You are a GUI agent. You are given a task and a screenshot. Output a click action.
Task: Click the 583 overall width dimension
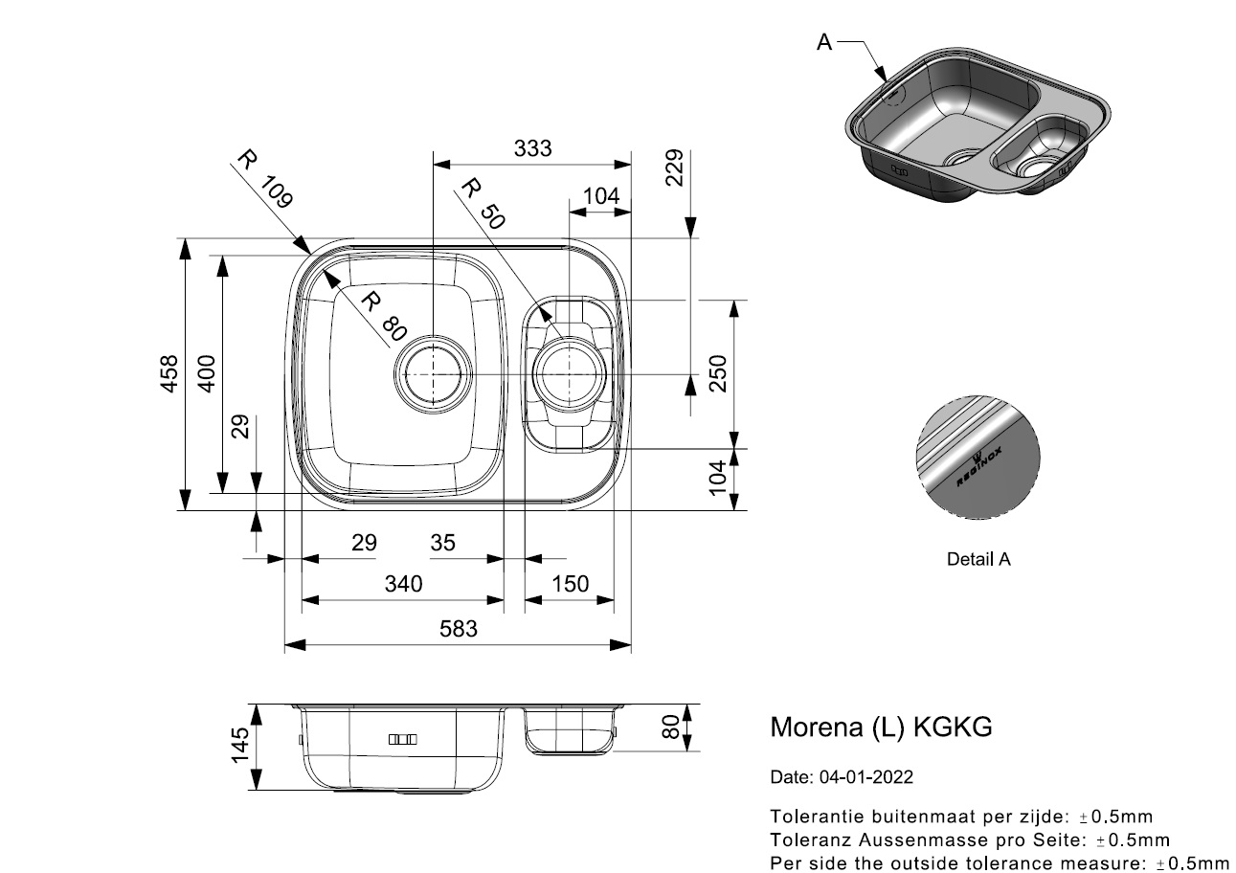point(458,629)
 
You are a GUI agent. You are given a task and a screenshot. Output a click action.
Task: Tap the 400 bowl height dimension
point(207,373)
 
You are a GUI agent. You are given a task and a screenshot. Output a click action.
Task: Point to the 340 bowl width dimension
point(403,584)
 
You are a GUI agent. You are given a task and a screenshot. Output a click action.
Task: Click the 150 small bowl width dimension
point(570,584)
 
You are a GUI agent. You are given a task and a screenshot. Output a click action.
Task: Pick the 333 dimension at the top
point(532,148)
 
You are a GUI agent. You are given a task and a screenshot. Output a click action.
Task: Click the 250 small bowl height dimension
point(718,373)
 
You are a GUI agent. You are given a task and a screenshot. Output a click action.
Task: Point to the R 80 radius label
point(377,316)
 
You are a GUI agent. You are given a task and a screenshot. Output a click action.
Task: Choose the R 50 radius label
point(482,203)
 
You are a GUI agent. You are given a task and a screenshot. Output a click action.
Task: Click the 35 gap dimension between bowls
point(442,544)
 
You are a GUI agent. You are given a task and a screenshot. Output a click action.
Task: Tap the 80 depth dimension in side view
point(670,727)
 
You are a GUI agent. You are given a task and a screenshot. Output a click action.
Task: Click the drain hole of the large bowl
point(434,372)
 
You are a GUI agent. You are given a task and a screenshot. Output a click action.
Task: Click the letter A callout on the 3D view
point(824,42)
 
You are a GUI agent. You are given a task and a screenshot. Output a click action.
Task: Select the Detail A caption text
point(978,559)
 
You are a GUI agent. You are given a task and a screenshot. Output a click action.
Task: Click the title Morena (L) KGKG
point(881,727)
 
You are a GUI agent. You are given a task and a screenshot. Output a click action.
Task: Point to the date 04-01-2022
point(842,777)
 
